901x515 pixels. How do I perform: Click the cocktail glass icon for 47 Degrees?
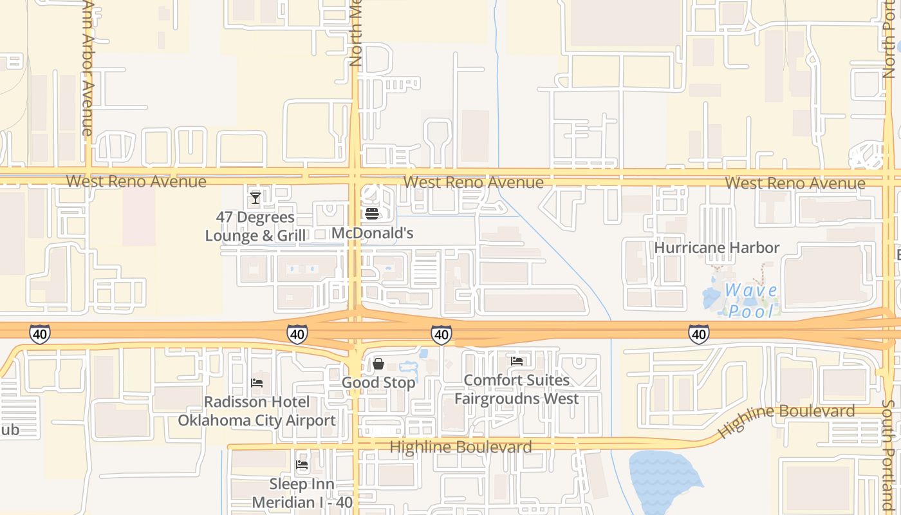pyautogui.click(x=255, y=198)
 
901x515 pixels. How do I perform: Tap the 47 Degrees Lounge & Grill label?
pyautogui.click(x=255, y=227)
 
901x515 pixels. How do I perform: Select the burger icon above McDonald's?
pyautogui.click(x=371, y=214)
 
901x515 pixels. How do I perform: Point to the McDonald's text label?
pyautogui.click(x=372, y=233)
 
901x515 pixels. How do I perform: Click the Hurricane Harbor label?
pyautogui.click(x=716, y=248)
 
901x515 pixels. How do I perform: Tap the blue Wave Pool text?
pyautogui.click(x=750, y=301)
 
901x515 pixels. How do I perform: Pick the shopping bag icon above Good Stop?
pyautogui.click(x=378, y=364)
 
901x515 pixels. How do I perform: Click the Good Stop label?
pyautogui.click(x=378, y=383)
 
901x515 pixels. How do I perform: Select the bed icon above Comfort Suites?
pyautogui.click(x=516, y=361)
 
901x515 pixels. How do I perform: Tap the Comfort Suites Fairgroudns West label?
pyautogui.click(x=517, y=389)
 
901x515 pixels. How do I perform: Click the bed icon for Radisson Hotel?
pyautogui.click(x=256, y=383)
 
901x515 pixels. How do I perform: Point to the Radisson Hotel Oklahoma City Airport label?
pyautogui.click(x=257, y=411)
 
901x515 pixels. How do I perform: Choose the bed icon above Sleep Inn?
pyautogui.click(x=301, y=465)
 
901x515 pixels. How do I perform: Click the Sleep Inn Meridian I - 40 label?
pyautogui.click(x=302, y=492)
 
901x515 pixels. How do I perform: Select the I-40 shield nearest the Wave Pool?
pyautogui.click(x=698, y=334)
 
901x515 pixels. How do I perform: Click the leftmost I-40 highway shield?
pyautogui.click(x=39, y=334)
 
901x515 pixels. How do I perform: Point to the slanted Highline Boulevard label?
pyautogui.click(x=786, y=419)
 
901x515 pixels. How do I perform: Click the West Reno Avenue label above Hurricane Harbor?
pyautogui.click(x=795, y=183)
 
